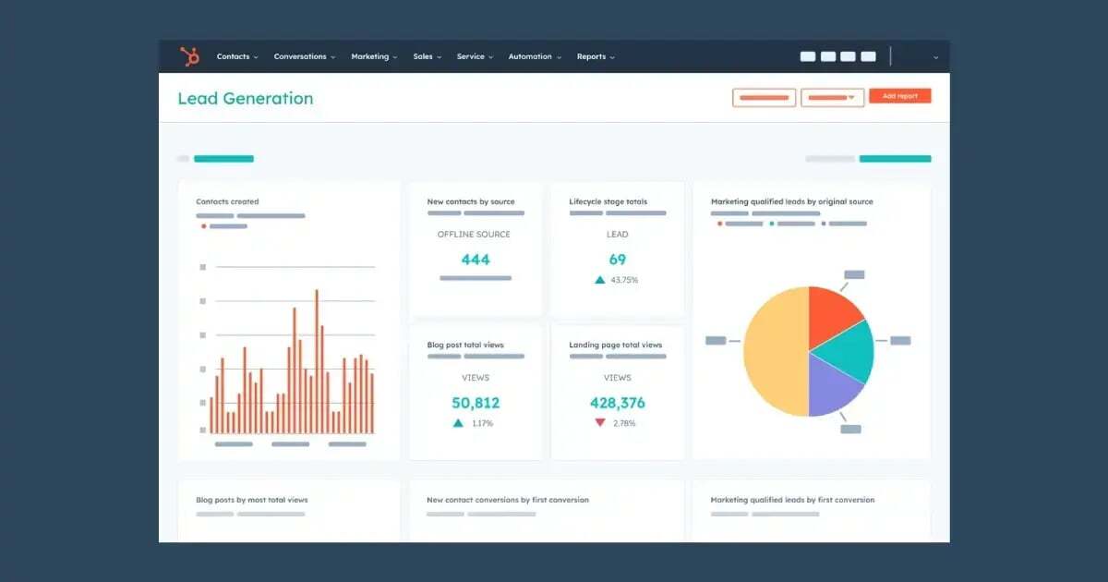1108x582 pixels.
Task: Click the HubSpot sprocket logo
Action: [190, 56]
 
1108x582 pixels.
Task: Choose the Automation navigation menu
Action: [534, 56]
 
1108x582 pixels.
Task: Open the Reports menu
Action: [595, 56]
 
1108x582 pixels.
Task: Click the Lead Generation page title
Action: [245, 98]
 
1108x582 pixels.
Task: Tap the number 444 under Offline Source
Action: [476, 260]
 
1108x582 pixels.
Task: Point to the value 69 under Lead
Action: [617, 260]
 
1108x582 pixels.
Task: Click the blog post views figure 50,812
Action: [476, 403]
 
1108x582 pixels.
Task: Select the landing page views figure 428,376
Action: [617, 403]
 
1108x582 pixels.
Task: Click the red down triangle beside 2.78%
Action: [600, 423]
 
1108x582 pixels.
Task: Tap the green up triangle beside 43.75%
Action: [600, 280]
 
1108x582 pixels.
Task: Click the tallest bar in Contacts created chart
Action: [317, 360]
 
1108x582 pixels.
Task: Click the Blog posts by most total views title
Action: [252, 500]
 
